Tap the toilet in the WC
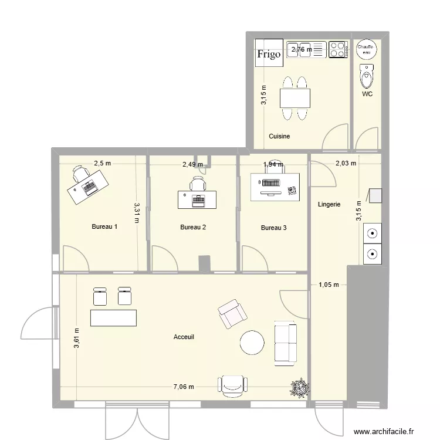click(x=367, y=76)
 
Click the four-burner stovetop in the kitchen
click(x=337, y=49)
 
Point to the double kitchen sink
click(x=306, y=50)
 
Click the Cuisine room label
click(x=279, y=136)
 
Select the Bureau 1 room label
click(x=104, y=227)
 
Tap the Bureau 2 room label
click(x=193, y=227)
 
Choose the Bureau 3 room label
click(x=273, y=227)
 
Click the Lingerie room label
click(x=329, y=205)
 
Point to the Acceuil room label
click(x=184, y=337)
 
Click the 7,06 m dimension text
click(x=183, y=387)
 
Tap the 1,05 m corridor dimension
click(x=329, y=285)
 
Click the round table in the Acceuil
click(x=253, y=343)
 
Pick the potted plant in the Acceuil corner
click(x=300, y=388)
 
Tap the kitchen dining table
click(x=295, y=97)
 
